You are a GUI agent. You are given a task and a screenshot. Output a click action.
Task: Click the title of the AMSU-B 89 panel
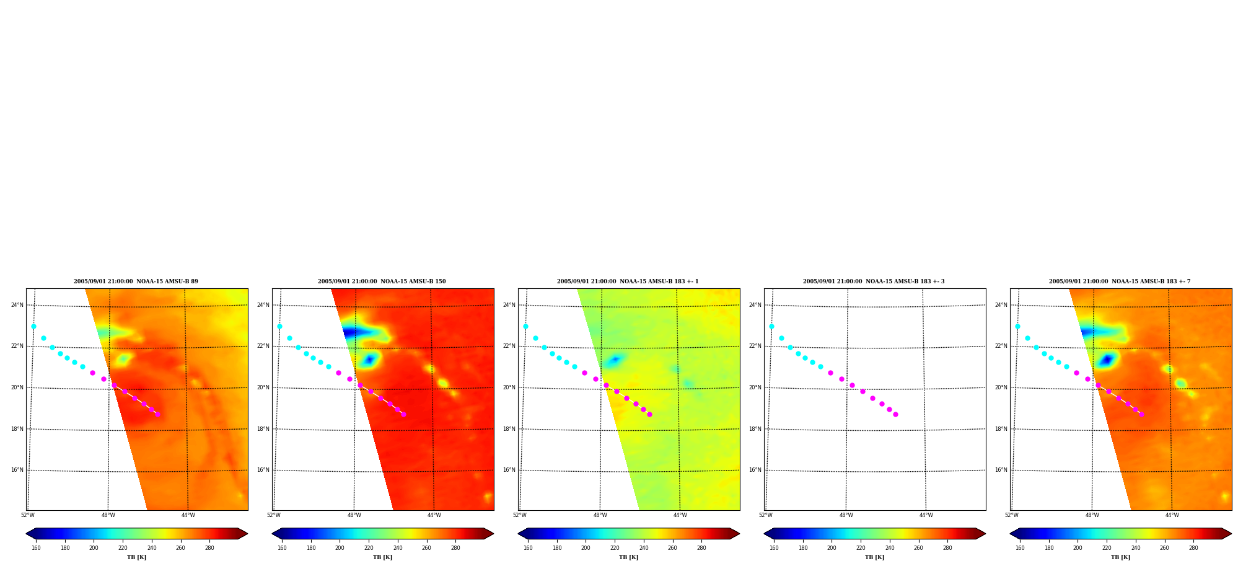[x=136, y=281]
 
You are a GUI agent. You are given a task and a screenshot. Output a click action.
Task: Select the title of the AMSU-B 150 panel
[x=382, y=281]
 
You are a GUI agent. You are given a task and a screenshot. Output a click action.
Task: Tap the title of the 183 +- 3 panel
[x=874, y=281]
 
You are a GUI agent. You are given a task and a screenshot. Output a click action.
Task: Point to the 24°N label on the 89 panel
[x=17, y=305]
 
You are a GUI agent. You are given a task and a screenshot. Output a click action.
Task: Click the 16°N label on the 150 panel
[x=263, y=470]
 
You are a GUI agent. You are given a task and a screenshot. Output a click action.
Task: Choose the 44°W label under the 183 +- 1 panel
[x=680, y=515]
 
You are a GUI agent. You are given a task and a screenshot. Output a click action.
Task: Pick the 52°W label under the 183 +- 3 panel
[x=766, y=515]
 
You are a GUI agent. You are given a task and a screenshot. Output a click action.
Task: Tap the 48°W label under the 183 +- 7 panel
[x=1092, y=515]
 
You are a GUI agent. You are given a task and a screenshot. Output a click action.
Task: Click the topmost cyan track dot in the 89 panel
[x=33, y=326]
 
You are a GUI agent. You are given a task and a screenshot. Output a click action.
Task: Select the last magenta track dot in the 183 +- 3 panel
[x=895, y=414]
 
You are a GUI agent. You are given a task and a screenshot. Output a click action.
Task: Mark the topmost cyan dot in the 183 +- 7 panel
[x=1017, y=326]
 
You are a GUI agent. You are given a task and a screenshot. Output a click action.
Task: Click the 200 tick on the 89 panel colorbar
[x=94, y=548]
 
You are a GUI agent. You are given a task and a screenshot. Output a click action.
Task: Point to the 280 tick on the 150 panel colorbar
[x=455, y=548]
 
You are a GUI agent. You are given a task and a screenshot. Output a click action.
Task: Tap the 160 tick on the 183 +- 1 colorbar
[x=528, y=548]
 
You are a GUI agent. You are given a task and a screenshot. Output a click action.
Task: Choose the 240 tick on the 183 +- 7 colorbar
[x=1136, y=548]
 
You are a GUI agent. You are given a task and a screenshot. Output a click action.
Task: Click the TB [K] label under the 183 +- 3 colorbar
[x=874, y=557]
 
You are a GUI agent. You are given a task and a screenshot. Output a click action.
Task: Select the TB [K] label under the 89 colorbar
[x=136, y=557]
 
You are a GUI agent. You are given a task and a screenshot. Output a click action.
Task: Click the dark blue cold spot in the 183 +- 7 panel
[x=1107, y=360]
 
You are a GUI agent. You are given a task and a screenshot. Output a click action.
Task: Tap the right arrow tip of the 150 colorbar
[x=494, y=533]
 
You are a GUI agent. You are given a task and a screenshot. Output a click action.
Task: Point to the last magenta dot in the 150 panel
[x=403, y=414]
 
